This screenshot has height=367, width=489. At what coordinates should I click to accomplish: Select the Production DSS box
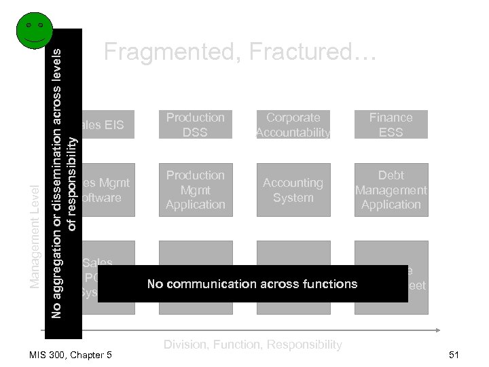(x=196, y=124)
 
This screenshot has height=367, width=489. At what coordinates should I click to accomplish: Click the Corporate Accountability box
(x=293, y=124)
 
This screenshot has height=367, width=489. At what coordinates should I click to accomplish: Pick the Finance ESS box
(x=391, y=124)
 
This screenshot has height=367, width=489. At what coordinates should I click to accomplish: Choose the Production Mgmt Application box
(x=196, y=190)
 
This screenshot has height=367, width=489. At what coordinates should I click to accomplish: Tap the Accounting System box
(x=293, y=190)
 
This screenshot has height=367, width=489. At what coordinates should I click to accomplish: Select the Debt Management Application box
(x=391, y=190)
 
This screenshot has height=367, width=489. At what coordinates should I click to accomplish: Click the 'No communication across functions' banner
(x=252, y=283)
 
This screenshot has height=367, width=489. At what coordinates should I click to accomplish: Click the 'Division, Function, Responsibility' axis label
(x=252, y=345)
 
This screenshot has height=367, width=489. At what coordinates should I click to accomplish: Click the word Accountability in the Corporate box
(x=293, y=133)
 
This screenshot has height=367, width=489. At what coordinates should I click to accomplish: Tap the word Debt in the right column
(x=391, y=175)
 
